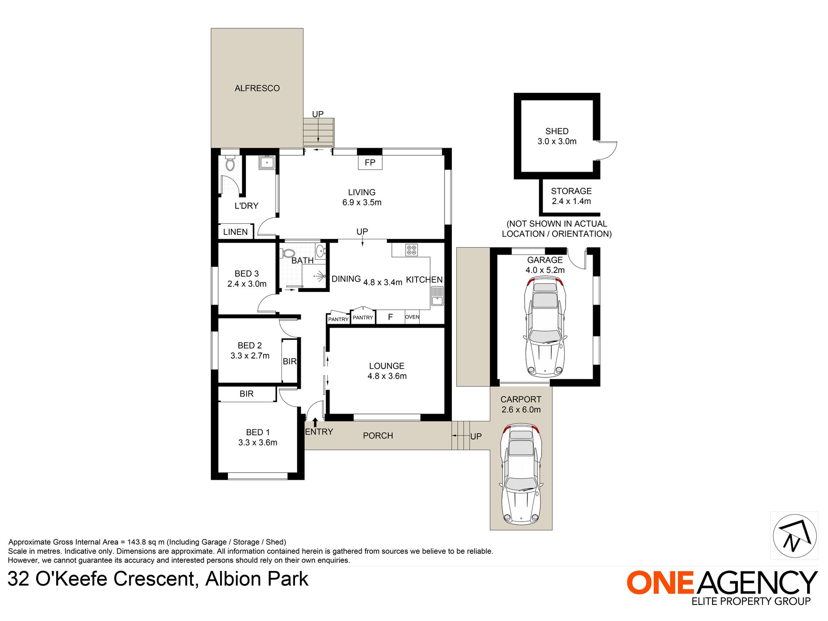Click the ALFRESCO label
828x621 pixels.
click(257, 88)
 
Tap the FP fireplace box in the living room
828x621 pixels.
click(370, 163)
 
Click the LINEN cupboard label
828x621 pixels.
click(235, 232)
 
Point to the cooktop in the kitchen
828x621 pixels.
click(412, 250)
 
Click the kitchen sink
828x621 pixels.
click(437, 296)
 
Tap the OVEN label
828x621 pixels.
click(412, 317)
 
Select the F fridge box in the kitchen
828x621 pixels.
click(390, 317)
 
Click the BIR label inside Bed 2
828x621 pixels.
click(290, 361)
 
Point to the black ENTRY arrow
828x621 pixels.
click(315, 422)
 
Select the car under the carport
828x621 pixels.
click(521, 474)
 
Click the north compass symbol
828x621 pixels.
click(794, 536)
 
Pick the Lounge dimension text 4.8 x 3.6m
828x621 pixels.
click(387, 376)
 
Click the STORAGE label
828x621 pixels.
click(571, 191)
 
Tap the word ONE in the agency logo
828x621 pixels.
click(660, 583)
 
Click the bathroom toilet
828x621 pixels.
click(288, 253)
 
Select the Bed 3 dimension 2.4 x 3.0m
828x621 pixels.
click(247, 284)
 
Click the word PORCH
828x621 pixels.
click(378, 435)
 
